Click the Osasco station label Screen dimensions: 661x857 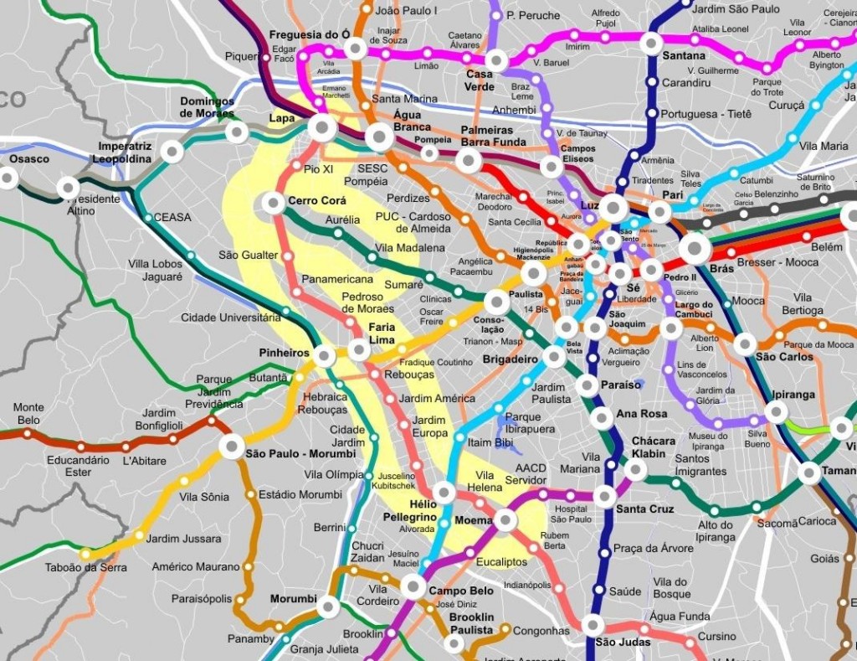[x=29, y=159]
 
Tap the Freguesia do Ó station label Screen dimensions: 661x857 [x=309, y=34]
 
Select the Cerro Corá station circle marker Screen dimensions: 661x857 [x=273, y=202]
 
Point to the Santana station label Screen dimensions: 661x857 [x=683, y=56]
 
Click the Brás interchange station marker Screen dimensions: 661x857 [x=695, y=248]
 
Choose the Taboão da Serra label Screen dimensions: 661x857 [x=86, y=568]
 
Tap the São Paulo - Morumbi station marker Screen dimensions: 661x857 [x=232, y=447]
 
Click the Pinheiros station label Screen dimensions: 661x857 [x=284, y=354]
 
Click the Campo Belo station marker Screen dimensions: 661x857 [x=413, y=586]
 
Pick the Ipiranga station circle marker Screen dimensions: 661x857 [x=776, y=412]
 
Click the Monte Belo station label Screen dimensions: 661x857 [x=28, y=414]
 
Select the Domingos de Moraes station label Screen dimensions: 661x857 [x=207, y=108]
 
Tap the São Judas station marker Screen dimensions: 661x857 [x=593, y=625]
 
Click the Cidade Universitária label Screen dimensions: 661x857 [x=231, y=318]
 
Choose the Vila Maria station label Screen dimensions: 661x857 [x=824, y=146]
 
